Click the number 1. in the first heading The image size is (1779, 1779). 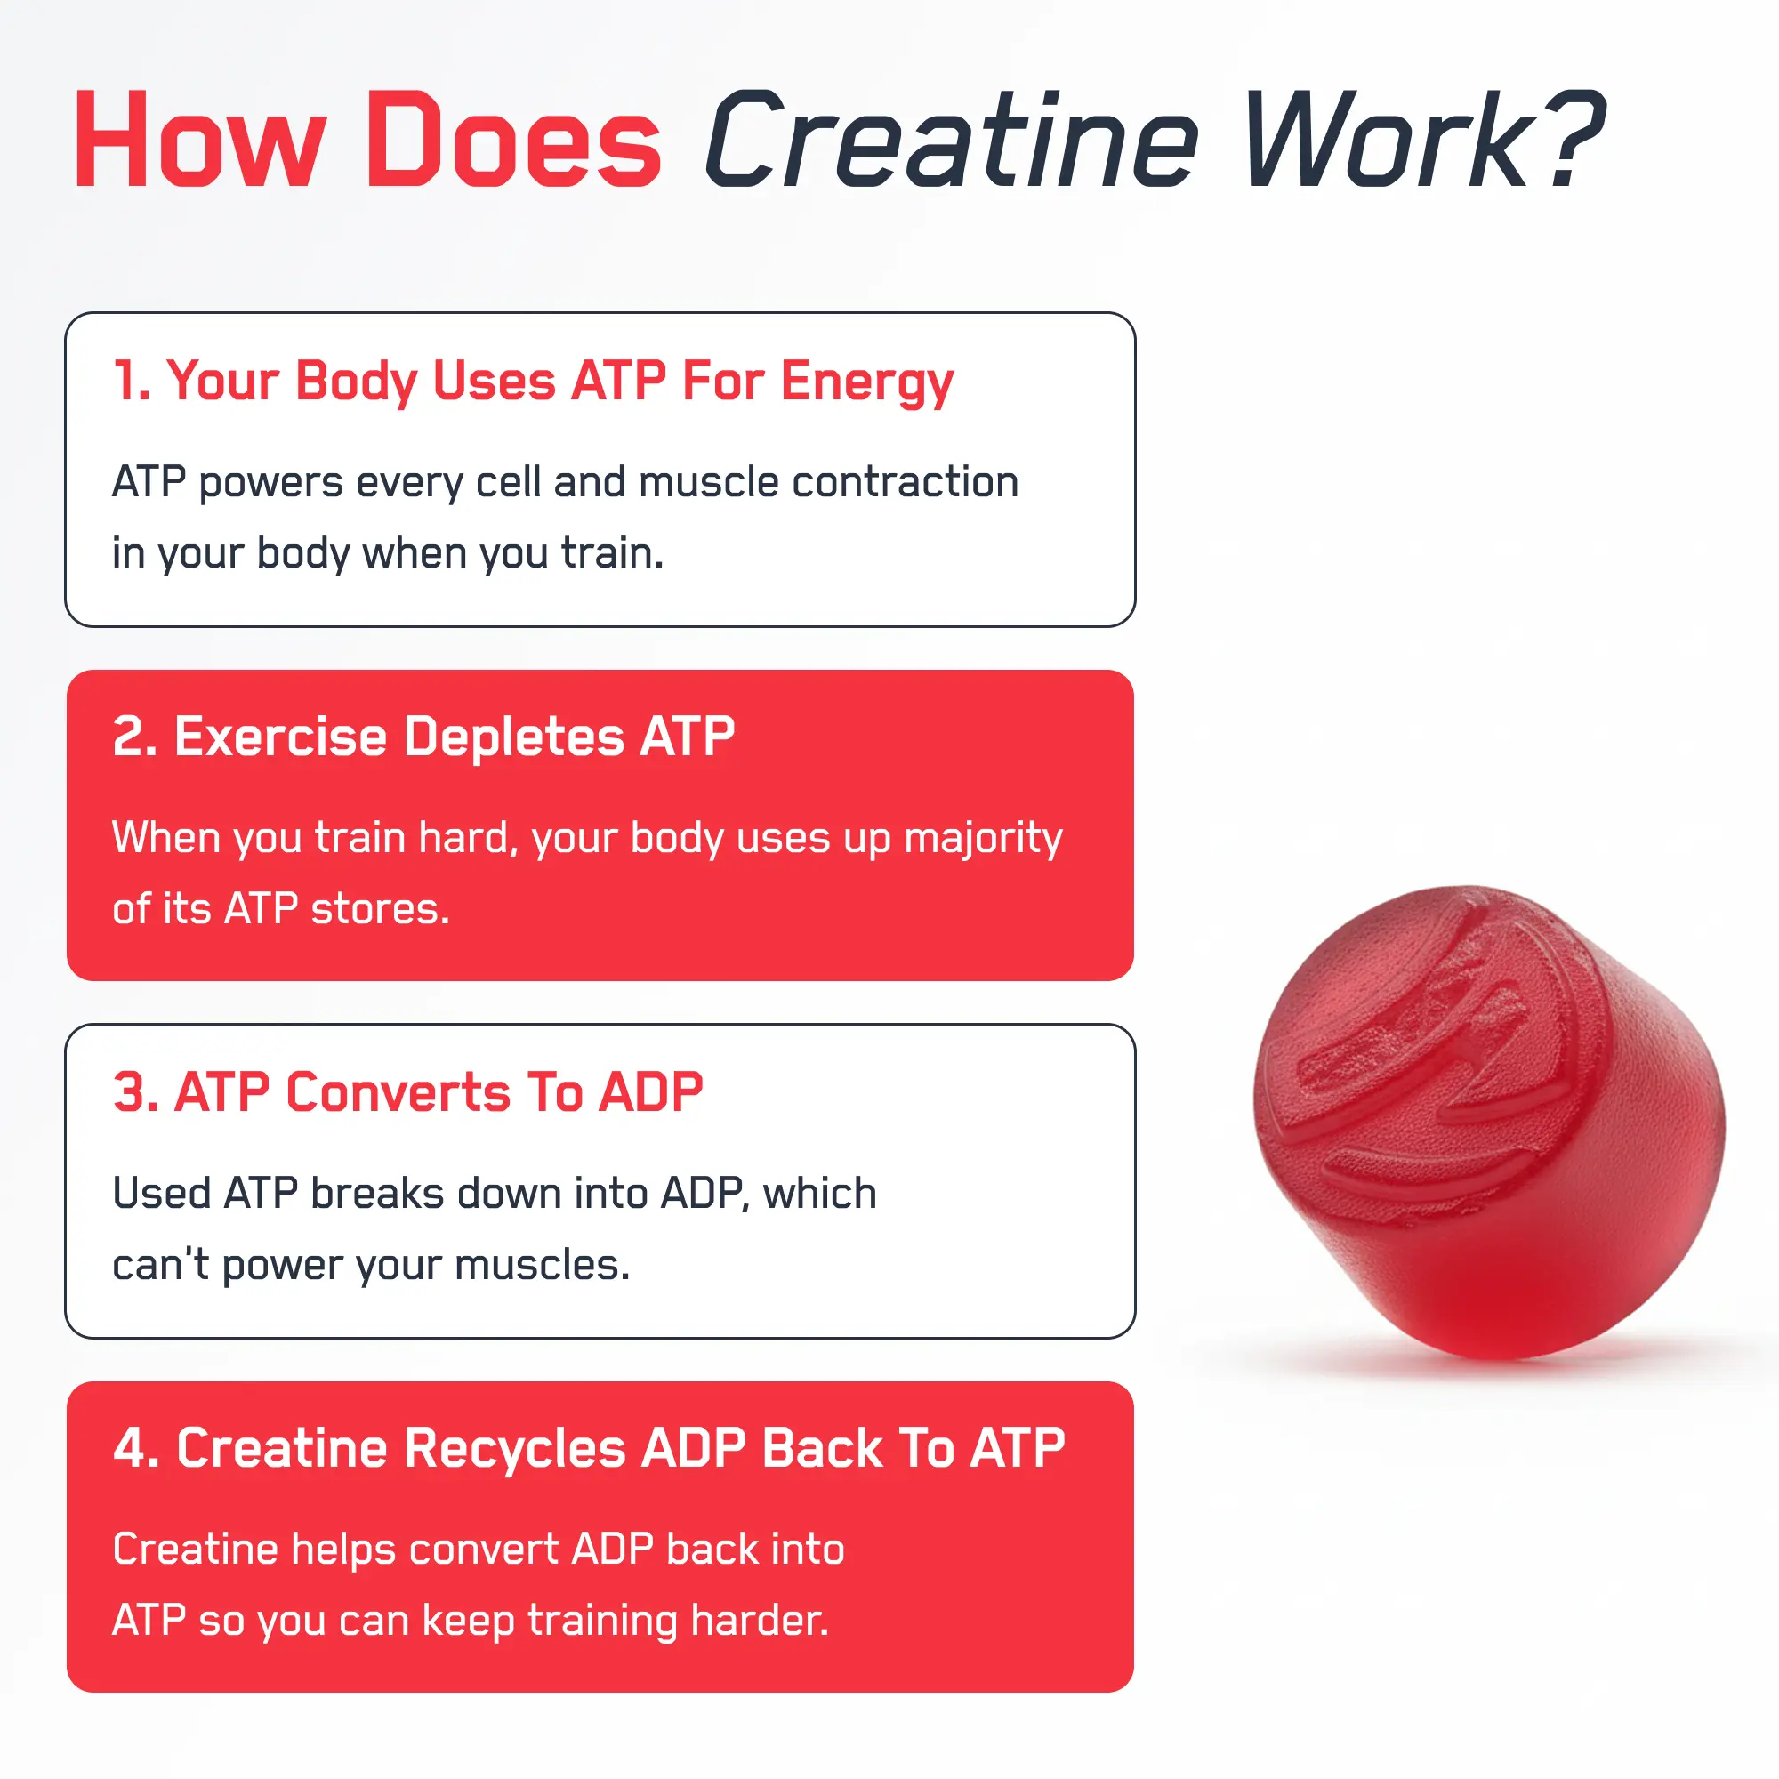click(132, 381)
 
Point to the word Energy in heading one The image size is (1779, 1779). click(866, 382)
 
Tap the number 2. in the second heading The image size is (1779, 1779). click(134, 737)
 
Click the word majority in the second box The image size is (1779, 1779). click(983, 838)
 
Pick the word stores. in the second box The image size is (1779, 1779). click(381, 909)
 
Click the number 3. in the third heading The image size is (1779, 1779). click(135, 1092)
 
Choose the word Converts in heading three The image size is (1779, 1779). click(398, 1092)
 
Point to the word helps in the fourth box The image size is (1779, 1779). click(343, 1550)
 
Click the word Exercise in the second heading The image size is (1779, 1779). click(280, 737)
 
